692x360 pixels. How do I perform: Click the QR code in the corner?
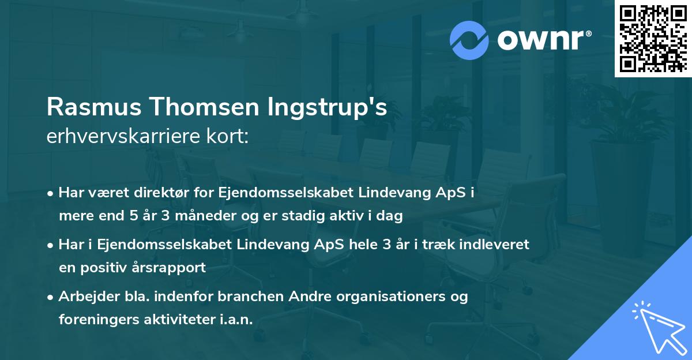[x=652, y=38]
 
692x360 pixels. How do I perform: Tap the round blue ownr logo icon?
[x=469, y=39]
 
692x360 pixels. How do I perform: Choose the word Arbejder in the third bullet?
[x=85, y=297]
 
